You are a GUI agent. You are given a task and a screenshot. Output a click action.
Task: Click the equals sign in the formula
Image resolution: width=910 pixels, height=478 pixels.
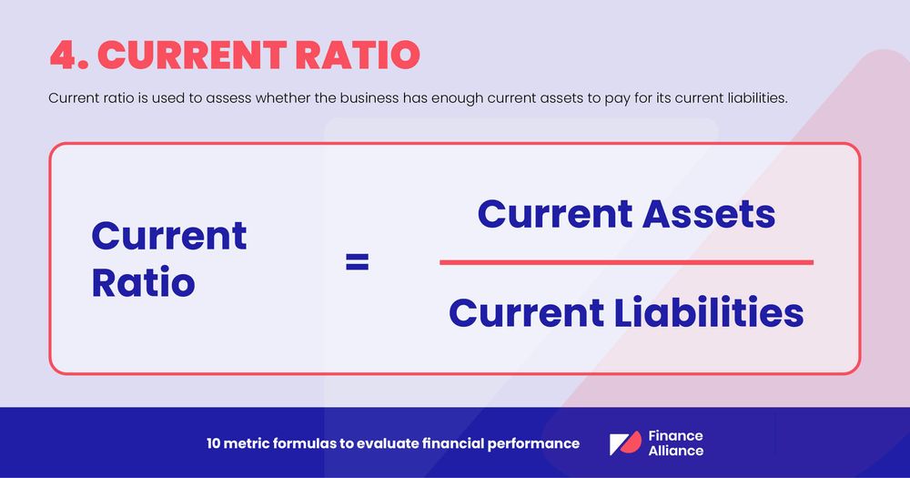pos(357,263)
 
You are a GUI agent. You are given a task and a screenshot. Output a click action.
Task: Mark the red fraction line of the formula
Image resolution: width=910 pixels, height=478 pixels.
pos(626,262)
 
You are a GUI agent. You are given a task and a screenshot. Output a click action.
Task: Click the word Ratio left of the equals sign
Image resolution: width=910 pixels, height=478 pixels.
pos(143,283)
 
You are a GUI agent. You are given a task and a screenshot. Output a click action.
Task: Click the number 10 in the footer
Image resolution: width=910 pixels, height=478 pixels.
pos(214,443)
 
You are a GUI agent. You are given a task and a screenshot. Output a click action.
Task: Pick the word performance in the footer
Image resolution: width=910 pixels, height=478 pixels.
pos(533,443)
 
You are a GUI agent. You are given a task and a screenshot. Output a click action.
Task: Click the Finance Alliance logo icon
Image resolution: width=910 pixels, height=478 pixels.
pos(625,443)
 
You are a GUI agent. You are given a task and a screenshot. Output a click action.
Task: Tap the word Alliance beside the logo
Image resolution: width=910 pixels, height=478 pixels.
pos(676,451)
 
